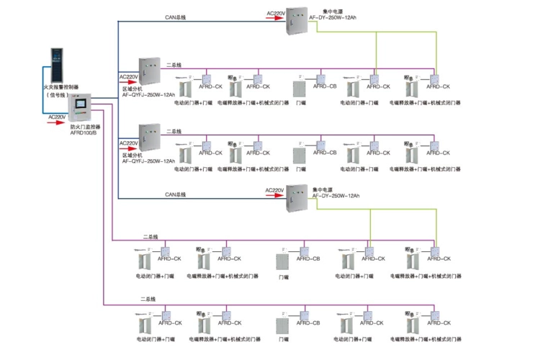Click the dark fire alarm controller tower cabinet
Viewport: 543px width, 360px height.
point(56,64)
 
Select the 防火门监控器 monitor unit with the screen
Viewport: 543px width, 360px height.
point(81,108)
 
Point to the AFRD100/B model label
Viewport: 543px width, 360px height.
point(84,133)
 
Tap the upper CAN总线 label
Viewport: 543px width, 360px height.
point(175,17)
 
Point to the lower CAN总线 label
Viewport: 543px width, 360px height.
point(175,194)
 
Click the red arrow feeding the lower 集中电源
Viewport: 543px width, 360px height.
point(275,196)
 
